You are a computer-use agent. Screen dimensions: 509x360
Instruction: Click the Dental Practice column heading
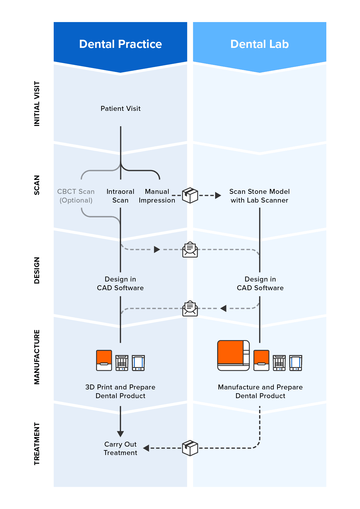coord(120,44)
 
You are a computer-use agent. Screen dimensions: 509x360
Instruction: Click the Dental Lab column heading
coord(260,44)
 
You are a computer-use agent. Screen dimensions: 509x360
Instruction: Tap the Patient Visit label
coord(120,109)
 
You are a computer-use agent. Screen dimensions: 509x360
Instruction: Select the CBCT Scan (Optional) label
coord(76,196)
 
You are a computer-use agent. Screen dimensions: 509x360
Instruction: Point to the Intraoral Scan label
coord(120,196)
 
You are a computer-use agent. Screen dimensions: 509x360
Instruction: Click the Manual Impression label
coord(157,196)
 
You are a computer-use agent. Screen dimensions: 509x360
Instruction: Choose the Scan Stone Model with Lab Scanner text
coord(260,196)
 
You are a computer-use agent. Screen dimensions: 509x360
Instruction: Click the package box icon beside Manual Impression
coord(190,195)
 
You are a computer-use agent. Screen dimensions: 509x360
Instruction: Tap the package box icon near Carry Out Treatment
coord(190,448)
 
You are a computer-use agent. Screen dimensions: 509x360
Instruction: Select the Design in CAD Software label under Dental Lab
coord(260,284)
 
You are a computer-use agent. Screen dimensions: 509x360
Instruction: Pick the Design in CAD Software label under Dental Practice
coord(120,284)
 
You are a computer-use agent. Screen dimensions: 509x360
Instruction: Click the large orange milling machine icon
coord(233,355)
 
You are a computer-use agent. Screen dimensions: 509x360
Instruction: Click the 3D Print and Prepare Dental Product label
coord(120,391)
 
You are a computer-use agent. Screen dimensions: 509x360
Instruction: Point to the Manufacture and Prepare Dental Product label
coord(260,391)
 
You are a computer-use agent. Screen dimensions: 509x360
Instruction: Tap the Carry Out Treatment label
coord(120,448)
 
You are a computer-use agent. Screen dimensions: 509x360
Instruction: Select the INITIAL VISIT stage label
coord(37,104)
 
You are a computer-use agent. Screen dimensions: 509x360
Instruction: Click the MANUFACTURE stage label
coord(37,357)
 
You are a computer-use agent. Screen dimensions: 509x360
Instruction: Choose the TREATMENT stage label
coord(37,444)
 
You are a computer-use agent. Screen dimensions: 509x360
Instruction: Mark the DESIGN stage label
coord(37,270)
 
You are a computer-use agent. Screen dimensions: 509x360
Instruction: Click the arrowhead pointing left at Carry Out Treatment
coord(146,448)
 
